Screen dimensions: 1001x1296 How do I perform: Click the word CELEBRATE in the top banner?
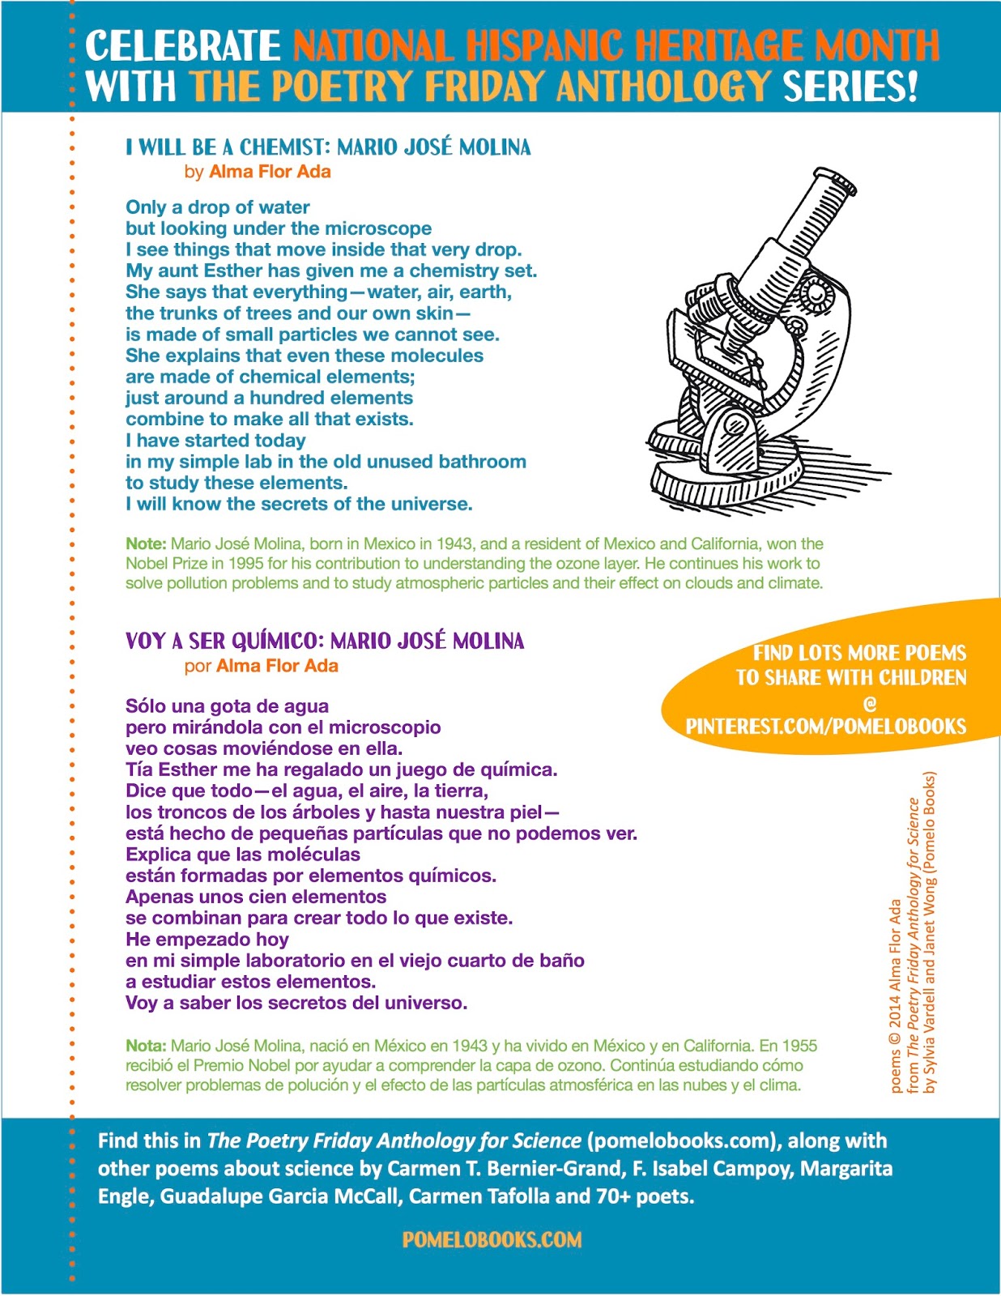coord(182,45)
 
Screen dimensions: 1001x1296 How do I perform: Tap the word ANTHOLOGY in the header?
coord(663,86)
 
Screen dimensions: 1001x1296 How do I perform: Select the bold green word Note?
coord(146,544)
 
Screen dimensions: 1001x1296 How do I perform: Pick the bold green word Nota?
coord(146,1046)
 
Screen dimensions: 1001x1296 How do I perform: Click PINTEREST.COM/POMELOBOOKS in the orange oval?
coord(826,727)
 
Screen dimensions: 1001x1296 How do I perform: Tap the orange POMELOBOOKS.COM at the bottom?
coord(492,1240)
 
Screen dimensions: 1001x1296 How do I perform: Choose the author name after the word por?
coord(277,666)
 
